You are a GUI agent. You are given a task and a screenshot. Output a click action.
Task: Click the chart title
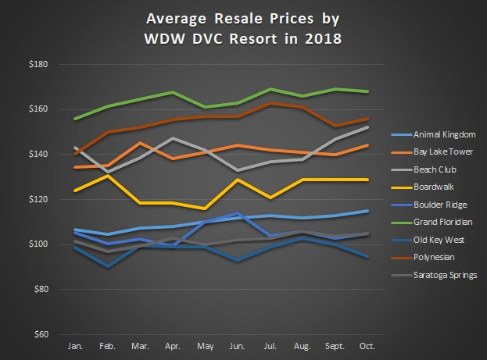pos(243,27)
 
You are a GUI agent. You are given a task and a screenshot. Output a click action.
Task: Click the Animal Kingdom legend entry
pos(442,133)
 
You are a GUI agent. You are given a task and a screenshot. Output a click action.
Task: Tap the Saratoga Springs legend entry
pos(444,275)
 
